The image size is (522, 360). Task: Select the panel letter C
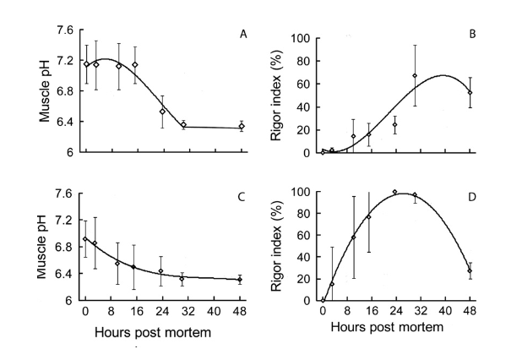[243, 197]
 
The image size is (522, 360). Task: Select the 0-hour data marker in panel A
[86, 64]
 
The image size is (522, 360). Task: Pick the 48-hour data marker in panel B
[470, 93]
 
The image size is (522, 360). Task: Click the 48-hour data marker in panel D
[470, 270]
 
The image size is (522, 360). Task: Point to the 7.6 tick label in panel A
[65, 30]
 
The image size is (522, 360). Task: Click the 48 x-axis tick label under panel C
[242, 311]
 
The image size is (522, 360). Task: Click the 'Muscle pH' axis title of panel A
[44, 90]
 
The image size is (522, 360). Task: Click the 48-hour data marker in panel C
[242, 280]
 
